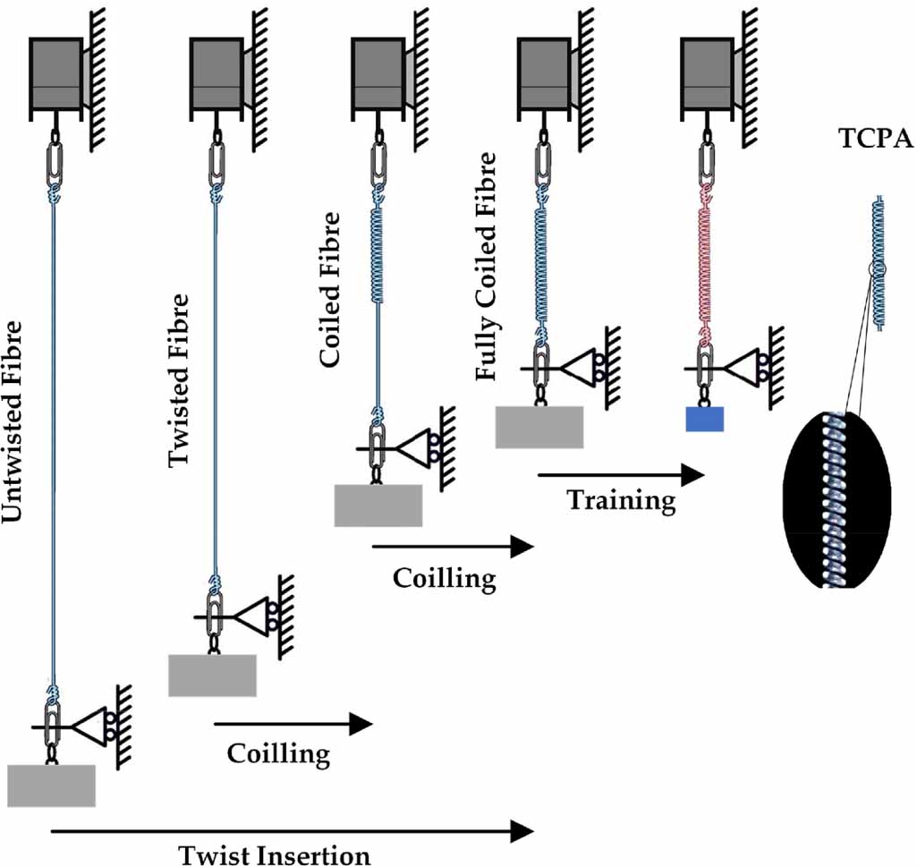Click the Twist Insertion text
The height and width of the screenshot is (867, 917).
(274, 854)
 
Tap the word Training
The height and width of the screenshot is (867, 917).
(621, 500)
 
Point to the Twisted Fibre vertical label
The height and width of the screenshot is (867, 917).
(179, 379)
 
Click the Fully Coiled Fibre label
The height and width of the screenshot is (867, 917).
(486, 266)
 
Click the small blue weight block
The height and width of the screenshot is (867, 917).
(704, 419)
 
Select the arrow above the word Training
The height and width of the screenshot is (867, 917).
(616, 476)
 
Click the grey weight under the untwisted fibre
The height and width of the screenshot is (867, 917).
(51, 786)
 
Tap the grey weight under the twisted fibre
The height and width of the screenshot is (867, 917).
(212, 675)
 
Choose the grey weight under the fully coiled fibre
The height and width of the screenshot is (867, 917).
(539, 427)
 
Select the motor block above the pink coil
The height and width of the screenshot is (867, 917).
(707, 75)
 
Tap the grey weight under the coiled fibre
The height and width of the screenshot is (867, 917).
(378, 506)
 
